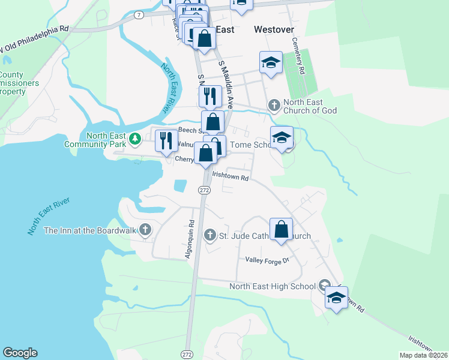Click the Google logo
tap(20, 353)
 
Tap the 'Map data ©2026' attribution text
tap(423, 355)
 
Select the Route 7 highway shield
tap(139, 15)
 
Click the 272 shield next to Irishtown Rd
tap(204, 190)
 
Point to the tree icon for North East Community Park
tap(136, 139)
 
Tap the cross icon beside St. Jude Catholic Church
tap(210, 235)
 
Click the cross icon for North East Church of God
tap(274, 106)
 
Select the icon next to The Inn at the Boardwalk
tap(145, 230)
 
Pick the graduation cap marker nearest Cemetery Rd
tap(271, 62)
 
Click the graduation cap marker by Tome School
tap(282, 137)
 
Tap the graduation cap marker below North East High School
tap(336, 297)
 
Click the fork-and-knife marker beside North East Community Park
tap(166, 141)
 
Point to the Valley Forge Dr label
tap(267, 260)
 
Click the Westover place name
tap(273, 29)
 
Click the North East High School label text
tap(272, 286)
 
